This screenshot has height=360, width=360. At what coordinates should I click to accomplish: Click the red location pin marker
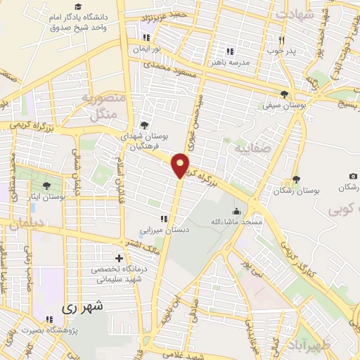click(x=181, y=165)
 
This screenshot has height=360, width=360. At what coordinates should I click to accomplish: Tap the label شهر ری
click(x=82, y=307)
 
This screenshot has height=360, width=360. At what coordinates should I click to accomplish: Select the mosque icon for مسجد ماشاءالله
click(x=236, y=210)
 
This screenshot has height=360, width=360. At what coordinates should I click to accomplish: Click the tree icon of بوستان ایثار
click(x=46, y=186)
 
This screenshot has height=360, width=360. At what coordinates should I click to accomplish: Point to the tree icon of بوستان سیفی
click(x=284, y=94)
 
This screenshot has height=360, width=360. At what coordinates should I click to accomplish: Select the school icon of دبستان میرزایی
click(x=165, y=218)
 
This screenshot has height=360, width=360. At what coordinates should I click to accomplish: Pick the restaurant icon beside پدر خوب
click(x=281, y=40)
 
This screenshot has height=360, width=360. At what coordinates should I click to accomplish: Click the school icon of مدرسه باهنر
click(x=229, y=51)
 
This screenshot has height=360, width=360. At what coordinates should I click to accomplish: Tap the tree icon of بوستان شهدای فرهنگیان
click(x=144, y=124)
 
